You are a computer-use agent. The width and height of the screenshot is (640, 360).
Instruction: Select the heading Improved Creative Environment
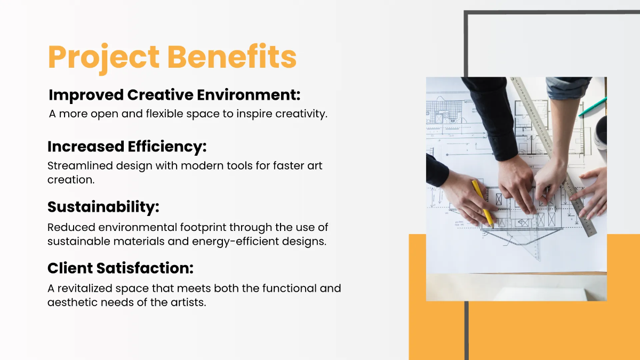pos(174,95)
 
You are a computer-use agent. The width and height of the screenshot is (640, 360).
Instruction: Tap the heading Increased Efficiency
pos(127,146)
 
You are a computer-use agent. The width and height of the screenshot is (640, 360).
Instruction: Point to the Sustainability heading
pos(103,206)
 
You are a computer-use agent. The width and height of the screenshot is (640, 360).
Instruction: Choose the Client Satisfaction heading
pos(121,267)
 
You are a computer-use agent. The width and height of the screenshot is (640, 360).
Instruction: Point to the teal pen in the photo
pos(592,107)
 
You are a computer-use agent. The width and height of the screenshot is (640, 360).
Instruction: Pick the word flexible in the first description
pos(152,114)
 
